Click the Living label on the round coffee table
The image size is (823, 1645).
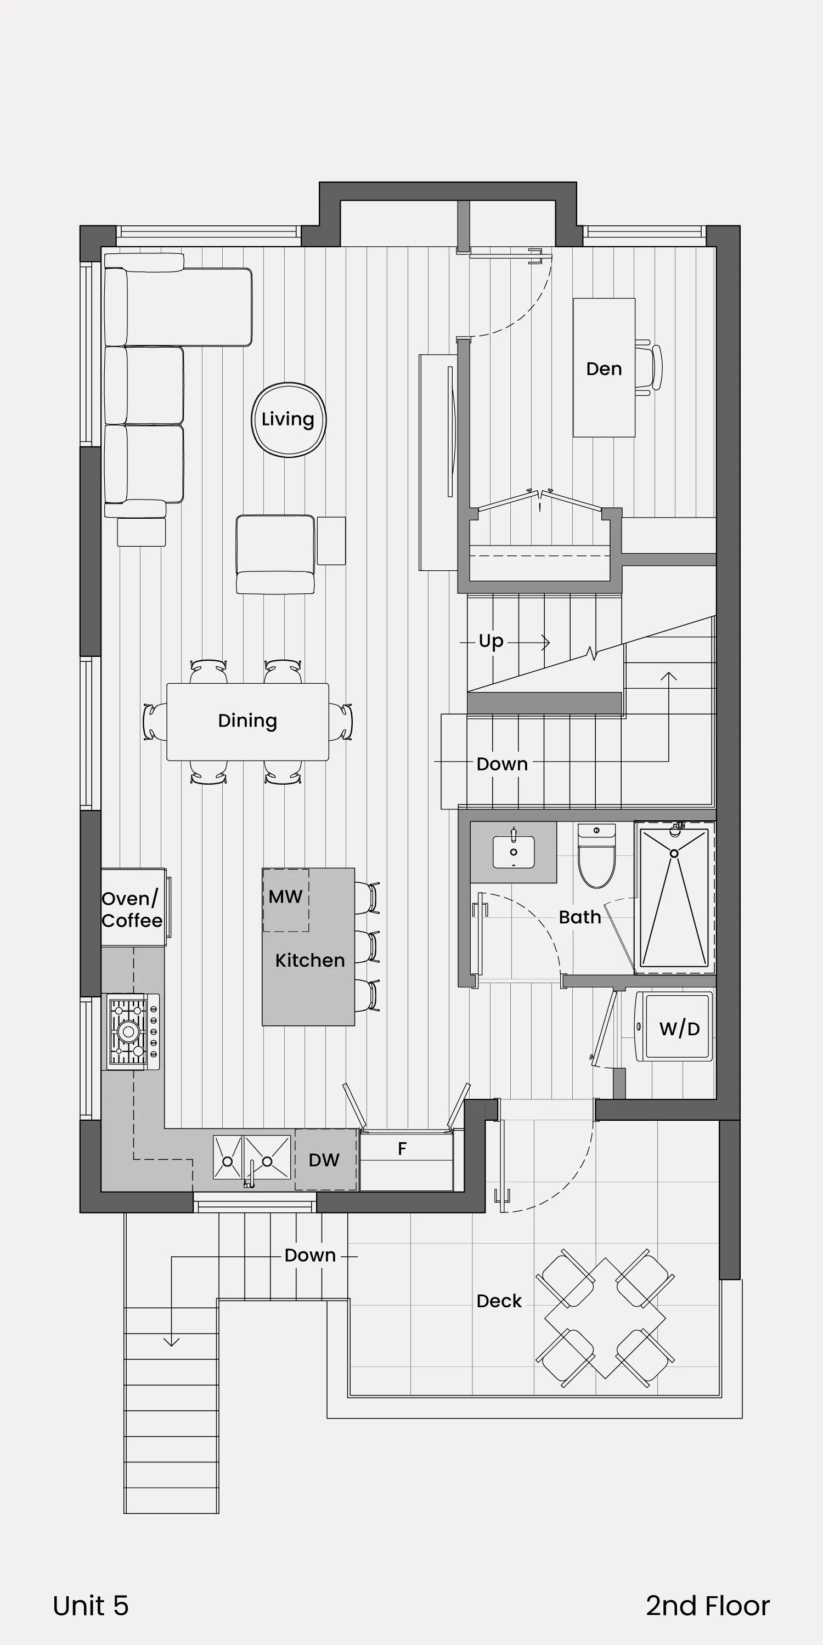tap(288, 419)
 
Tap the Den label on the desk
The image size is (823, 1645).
tap(604, 368)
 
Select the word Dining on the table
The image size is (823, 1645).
tap(247, 721)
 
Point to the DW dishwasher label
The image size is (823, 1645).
tap(324, 1160)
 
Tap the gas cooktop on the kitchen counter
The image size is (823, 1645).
tap(133, 1031)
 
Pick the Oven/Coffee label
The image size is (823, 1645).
tap(132, 909)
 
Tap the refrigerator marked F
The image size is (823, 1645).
tap(407, 1160)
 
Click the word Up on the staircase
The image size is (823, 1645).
tap(491, 641)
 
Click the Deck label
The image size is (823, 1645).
tap(499, 1301)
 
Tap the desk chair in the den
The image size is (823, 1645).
tap(649, 368)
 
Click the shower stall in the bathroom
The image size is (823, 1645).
tap(674, 897)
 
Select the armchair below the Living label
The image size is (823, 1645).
tap(275, 554)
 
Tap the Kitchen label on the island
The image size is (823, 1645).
tap(310, 961)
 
